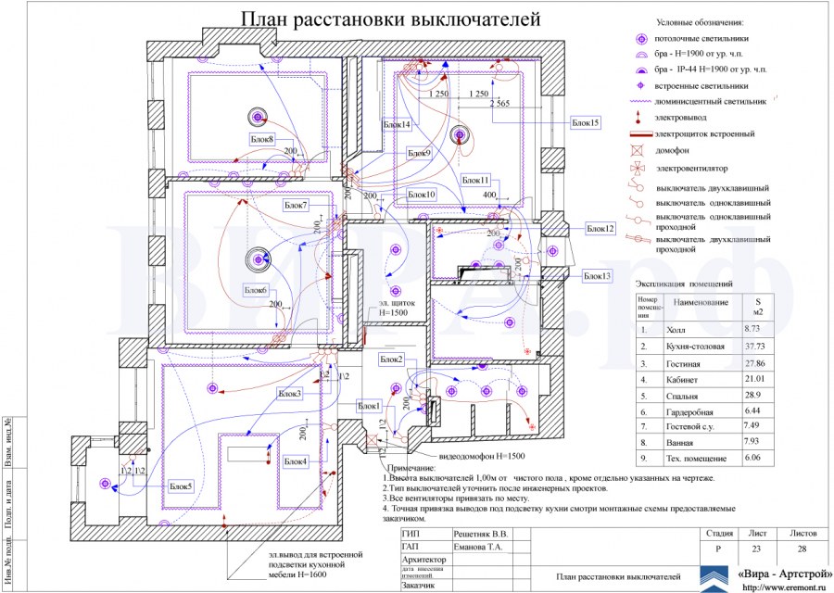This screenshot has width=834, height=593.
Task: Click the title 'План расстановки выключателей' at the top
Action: click(x=390, y=19)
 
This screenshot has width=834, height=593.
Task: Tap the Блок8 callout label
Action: click(x=262, y=139)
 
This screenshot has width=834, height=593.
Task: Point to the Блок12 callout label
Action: click(x=600, y=228)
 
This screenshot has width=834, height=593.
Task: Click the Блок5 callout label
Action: click(x=181, y=486)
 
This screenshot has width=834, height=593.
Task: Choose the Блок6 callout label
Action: click(x=257, y=291)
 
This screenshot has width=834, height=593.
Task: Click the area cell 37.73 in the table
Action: click(x=757, y=346)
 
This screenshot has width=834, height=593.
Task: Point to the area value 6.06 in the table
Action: click(x=755, y=458)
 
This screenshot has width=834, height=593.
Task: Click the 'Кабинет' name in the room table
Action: click(x=683, y=379)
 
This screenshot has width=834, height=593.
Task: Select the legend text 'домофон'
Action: click(x=676, y=152)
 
